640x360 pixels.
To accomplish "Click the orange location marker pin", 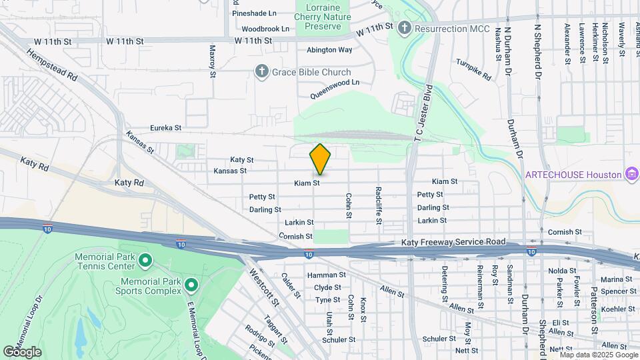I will point(320,159).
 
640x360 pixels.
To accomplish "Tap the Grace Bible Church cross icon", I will point(263,71).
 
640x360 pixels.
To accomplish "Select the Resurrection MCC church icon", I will point(404,29).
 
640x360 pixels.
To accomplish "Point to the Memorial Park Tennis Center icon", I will point(145,260).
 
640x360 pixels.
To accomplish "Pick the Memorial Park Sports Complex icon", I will point(191,286).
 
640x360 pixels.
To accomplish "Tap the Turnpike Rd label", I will point(474,71).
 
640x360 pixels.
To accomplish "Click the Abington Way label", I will point(329,50).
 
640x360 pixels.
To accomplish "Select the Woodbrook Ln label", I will point(265,29).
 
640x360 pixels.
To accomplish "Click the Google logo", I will point(22,352).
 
